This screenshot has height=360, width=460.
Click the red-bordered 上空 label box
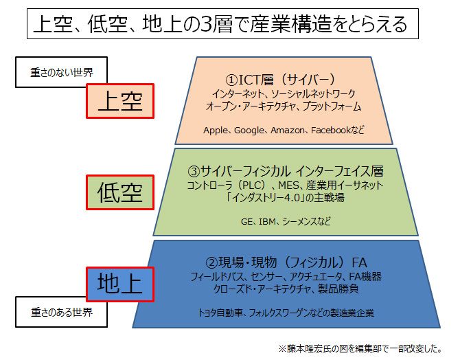120,101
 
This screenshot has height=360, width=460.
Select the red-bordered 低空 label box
120,192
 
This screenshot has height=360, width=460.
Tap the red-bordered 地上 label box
120,284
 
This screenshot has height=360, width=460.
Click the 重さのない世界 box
61,72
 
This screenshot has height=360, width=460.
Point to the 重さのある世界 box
61,312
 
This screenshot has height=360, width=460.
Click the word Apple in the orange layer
216,130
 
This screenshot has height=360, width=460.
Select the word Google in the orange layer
249,130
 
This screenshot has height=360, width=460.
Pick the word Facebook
331,130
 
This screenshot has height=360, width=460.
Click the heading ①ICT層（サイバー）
280,80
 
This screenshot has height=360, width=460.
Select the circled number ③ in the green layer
194,171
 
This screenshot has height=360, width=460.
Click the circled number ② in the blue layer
211,262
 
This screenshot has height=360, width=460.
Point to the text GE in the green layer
246,221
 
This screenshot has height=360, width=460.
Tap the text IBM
267,221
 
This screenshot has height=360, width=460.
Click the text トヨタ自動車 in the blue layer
220,313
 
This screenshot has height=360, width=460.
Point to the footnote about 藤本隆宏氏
360,348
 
